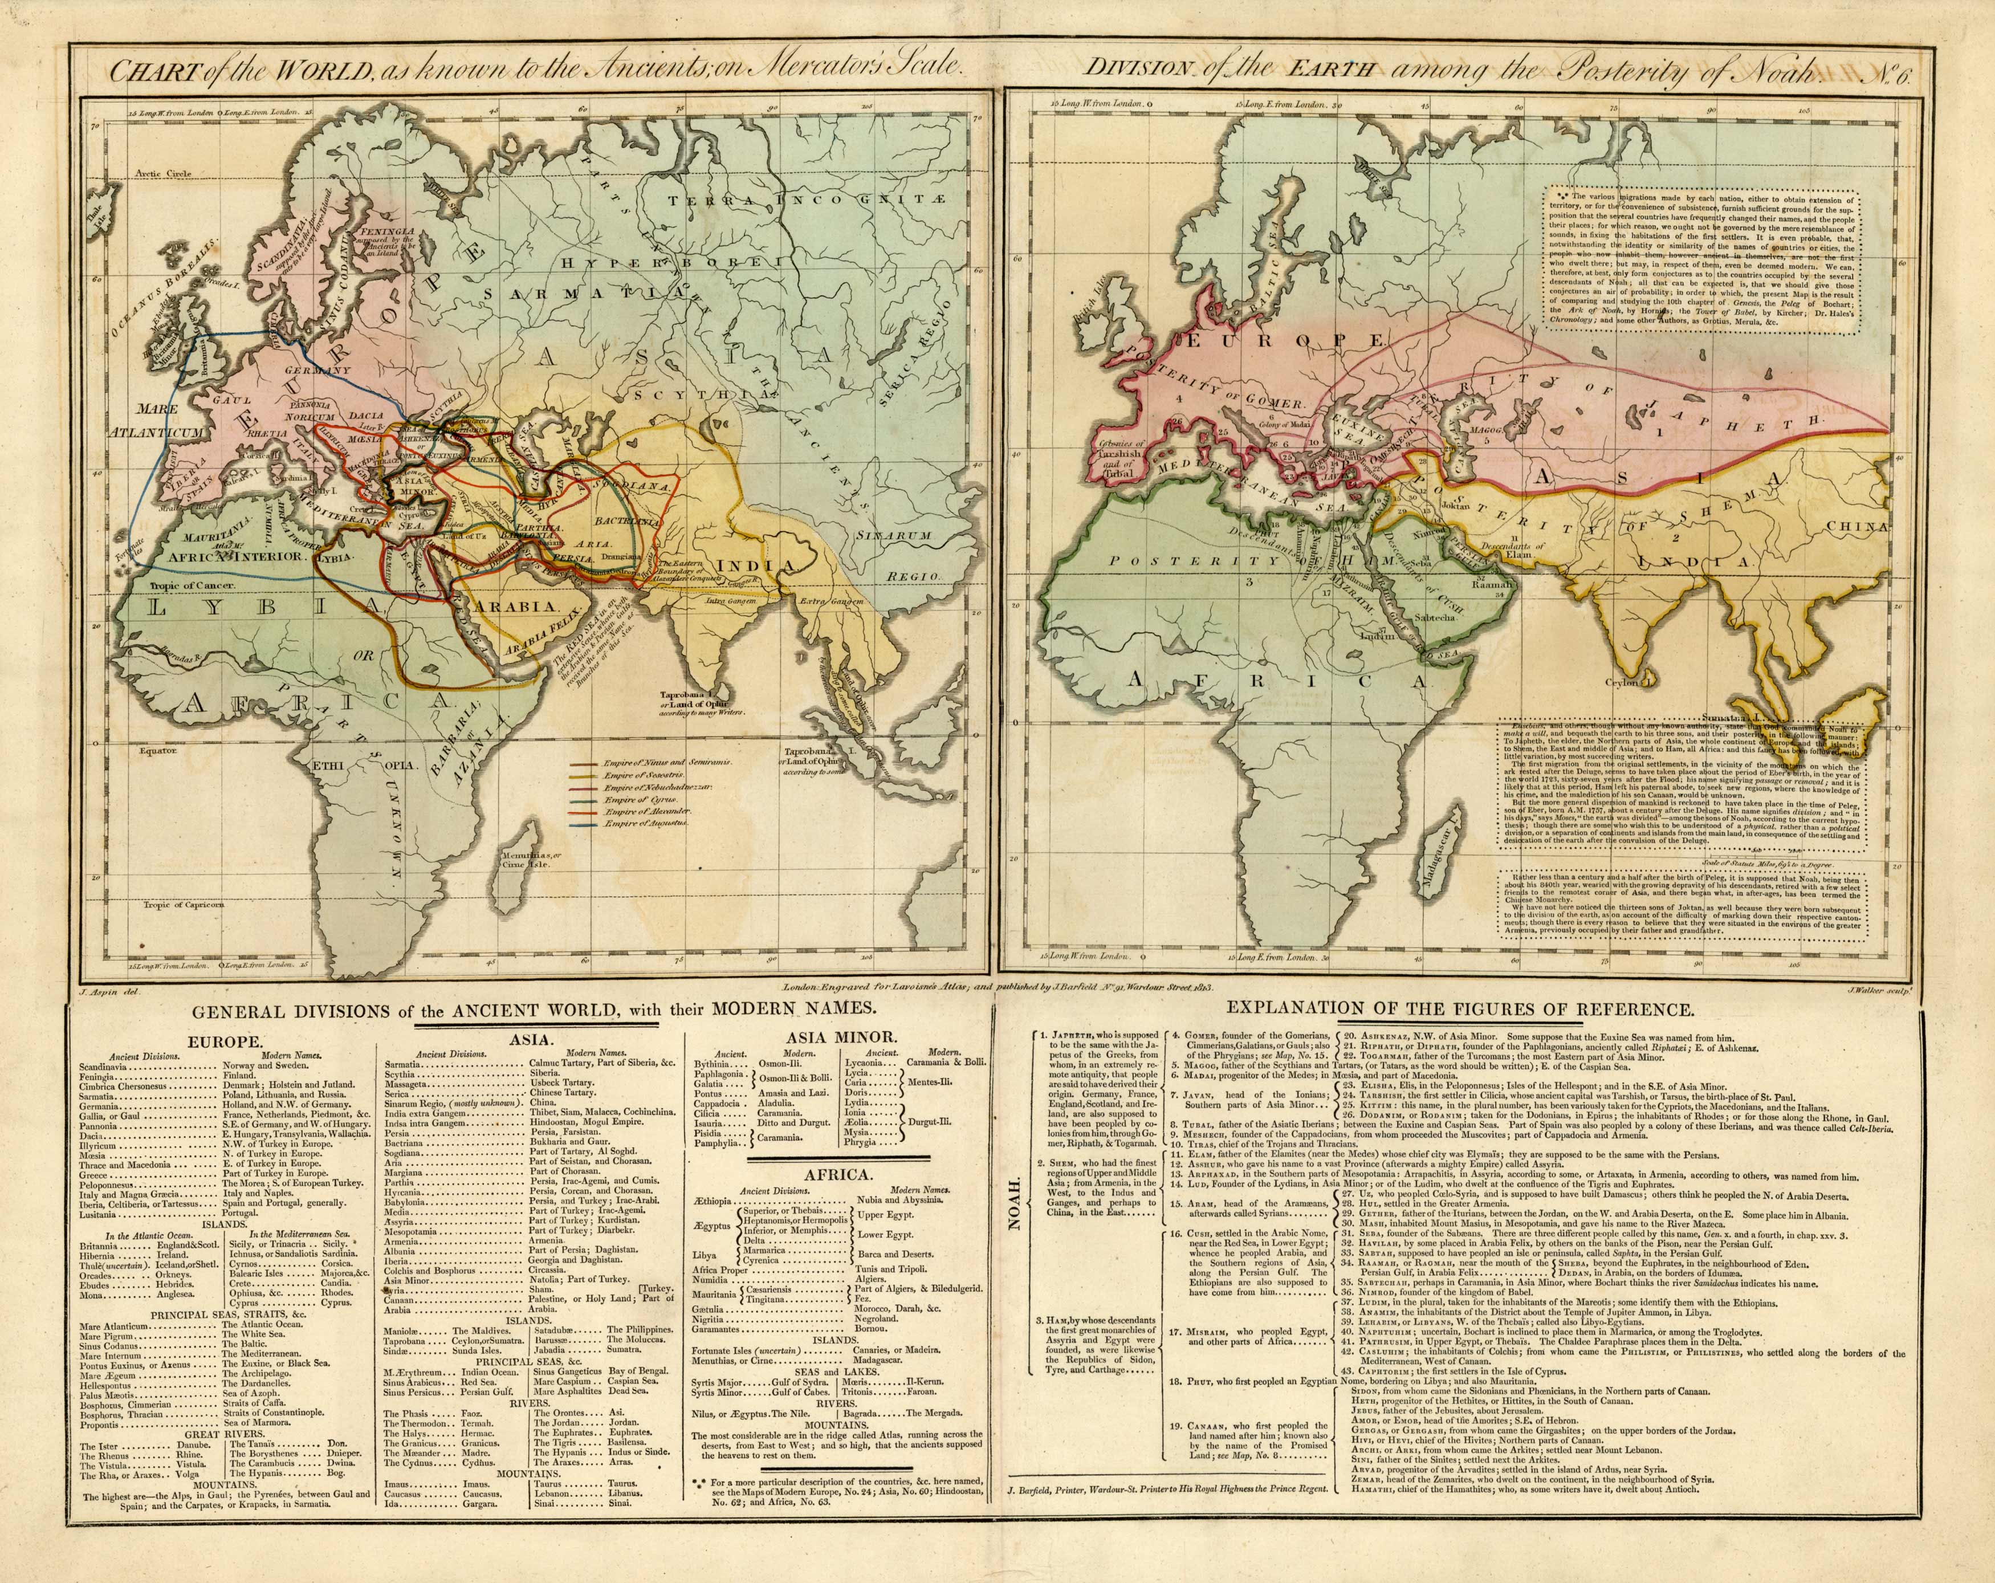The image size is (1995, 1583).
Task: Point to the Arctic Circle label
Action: [162, 173]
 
